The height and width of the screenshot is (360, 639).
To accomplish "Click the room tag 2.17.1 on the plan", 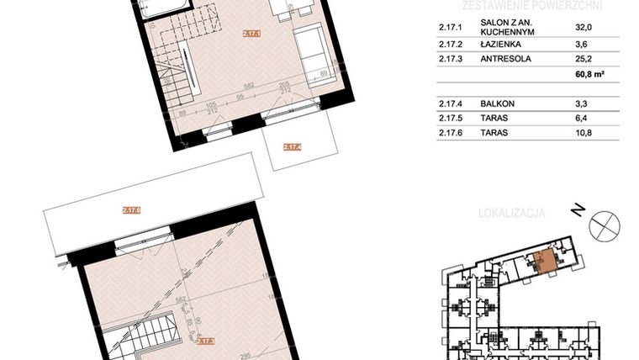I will coord(251,34).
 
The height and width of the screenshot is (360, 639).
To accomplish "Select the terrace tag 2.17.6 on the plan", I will coord(131,211).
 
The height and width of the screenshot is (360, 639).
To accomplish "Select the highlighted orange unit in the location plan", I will coord(545,262).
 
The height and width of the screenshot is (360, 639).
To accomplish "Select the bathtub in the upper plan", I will coord(162,9).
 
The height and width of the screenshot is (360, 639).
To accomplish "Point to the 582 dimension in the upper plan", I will coord(248,87).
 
